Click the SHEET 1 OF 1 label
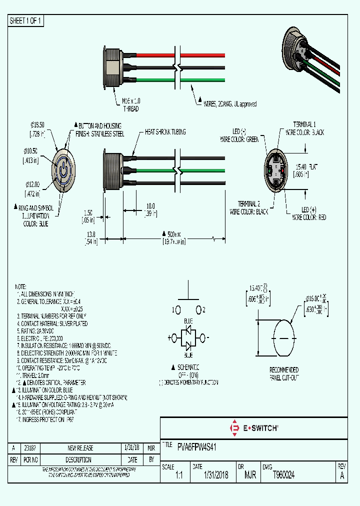26,21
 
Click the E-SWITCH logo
253,428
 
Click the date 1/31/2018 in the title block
216,475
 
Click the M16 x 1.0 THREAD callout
130,105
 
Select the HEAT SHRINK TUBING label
165,132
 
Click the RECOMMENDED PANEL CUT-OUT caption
283,373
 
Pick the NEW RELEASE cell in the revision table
80,448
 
